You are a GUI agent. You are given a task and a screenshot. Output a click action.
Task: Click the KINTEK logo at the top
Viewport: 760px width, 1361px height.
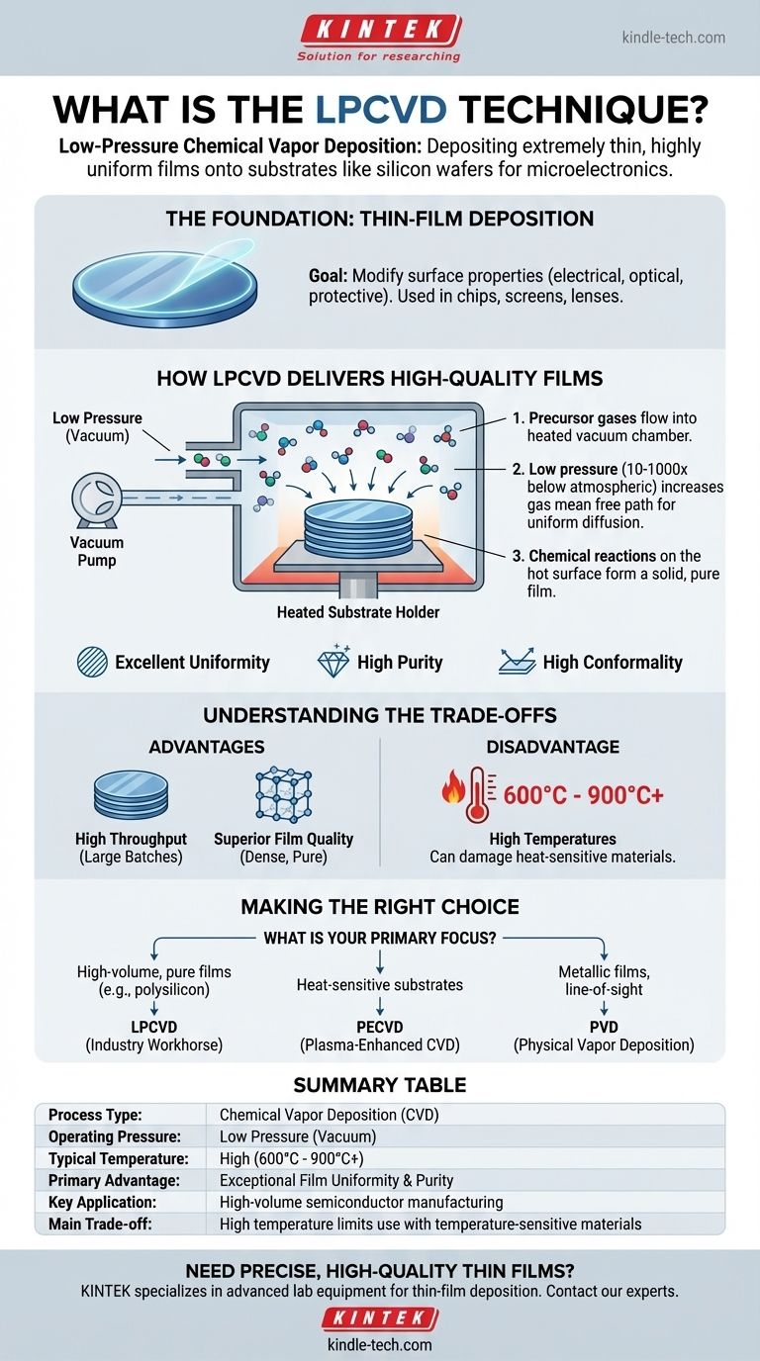(379, 30)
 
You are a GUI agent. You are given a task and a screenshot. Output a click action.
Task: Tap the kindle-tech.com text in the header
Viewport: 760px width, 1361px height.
(673, 38)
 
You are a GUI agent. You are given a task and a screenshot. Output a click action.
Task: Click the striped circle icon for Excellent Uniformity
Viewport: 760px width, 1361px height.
(92, 662)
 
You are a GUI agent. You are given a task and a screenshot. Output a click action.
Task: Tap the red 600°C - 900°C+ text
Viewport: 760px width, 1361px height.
(584, 794)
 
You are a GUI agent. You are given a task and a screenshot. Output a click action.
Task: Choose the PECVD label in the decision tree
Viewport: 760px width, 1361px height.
(379, 1028)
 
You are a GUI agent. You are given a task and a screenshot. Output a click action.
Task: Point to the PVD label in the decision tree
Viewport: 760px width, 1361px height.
(604, 1028)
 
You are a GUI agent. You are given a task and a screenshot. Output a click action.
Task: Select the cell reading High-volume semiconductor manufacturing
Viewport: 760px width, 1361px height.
(361, 1202)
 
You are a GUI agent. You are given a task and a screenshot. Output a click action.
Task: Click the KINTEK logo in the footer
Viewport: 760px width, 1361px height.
(379, 1318)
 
